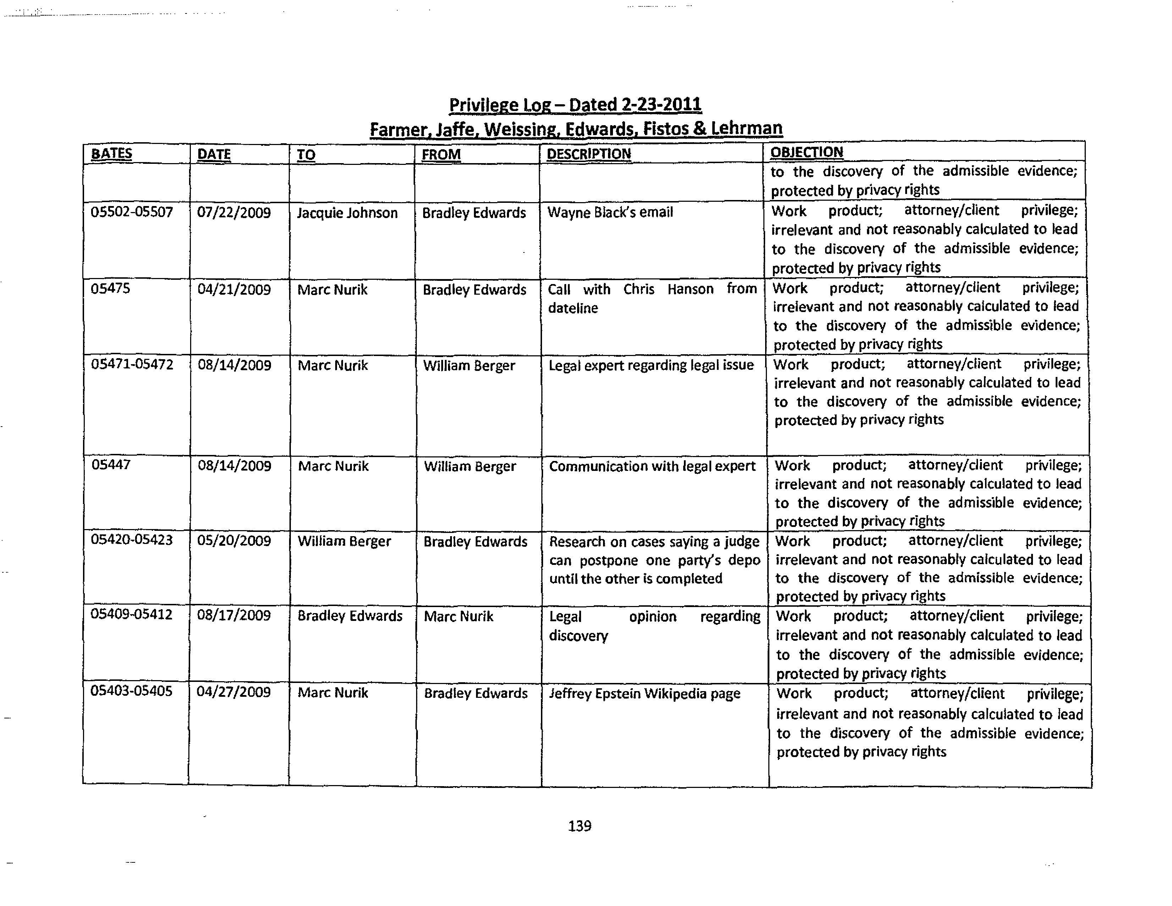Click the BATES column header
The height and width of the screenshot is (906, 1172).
112,154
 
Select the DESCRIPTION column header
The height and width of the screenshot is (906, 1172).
589,154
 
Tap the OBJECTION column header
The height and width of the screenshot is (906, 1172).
807,152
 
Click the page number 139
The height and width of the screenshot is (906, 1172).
580,826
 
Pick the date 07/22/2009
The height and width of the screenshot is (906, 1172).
234,213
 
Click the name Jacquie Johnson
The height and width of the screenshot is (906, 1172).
347,213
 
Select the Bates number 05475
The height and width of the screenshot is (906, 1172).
111,289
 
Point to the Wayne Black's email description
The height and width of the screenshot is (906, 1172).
610,212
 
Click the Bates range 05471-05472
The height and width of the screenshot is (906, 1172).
132,365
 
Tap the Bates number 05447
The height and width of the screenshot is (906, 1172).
111,465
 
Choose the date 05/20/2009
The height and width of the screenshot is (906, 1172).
234,541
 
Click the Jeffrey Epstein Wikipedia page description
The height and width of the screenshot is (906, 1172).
645,694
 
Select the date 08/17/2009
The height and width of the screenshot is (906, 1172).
234,615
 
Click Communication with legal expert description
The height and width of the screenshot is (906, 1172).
652,466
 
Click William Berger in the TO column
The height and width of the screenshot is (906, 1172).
344,541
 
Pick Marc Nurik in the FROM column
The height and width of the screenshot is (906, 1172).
458,616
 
